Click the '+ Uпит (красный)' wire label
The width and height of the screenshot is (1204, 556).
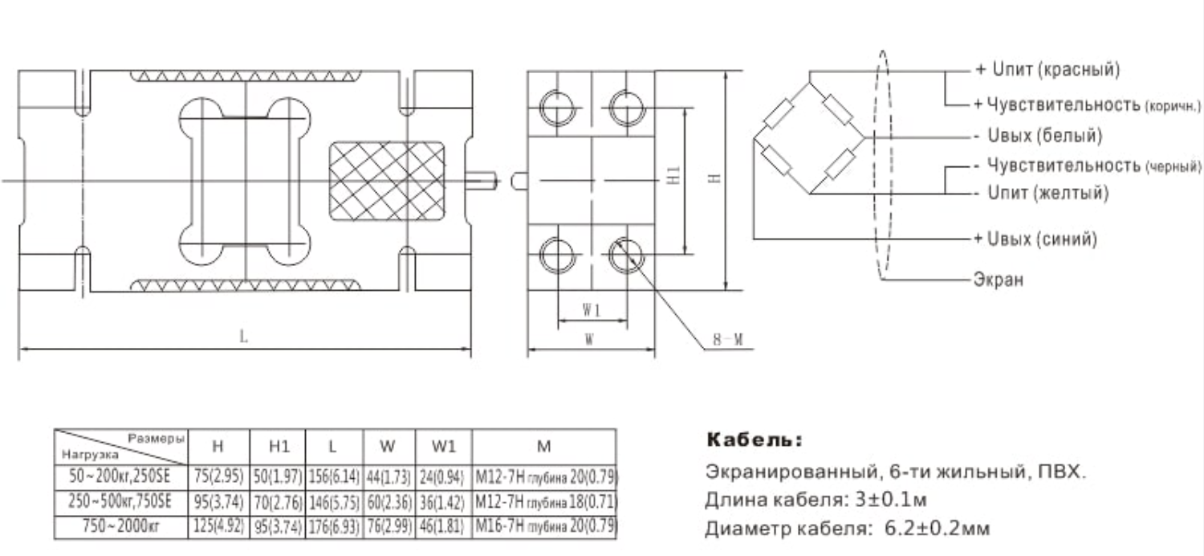coord(1047,69)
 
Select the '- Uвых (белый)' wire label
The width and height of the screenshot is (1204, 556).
coord(1038,136)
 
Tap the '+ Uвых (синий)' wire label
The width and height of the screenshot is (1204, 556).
coord(1035,239)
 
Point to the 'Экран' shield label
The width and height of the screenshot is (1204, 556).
coord(999,280)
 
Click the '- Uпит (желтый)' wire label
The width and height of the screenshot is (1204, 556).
coord(1042,193)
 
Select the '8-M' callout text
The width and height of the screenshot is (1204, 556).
coord(728,340)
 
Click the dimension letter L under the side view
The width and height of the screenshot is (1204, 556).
coord(243,337)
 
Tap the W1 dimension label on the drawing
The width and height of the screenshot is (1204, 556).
coord(592,310)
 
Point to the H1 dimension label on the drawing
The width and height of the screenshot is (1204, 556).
coord(673,175)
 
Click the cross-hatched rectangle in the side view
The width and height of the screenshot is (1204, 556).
coord(387,181)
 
